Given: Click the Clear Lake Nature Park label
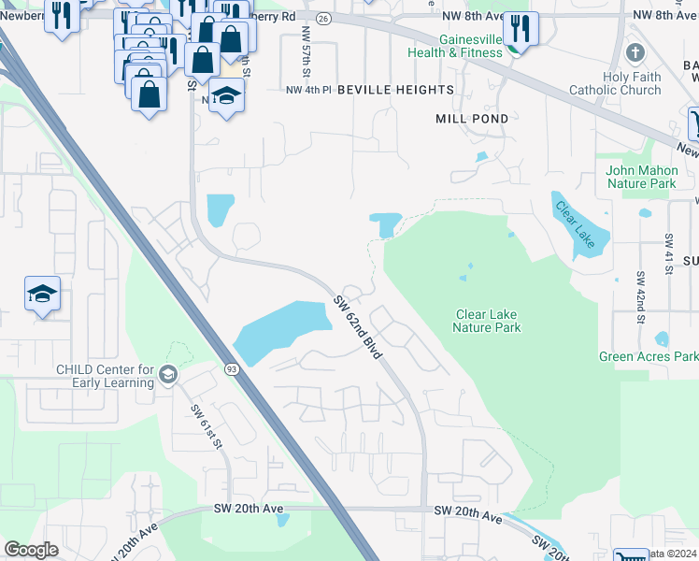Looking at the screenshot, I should pyautogui.click(x=486, y=321).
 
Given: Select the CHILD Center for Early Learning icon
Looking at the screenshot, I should pyautogui.click(x=167, y=375).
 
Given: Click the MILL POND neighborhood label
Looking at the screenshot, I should pyautogui.click(x=472, y=119).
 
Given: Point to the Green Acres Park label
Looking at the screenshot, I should pyautogui.click(x=648, y=356).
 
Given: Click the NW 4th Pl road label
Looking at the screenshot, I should pyautogui.click(x=308, y=89).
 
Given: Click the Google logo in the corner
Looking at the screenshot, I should pyautogui.click(x=32, y=550).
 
